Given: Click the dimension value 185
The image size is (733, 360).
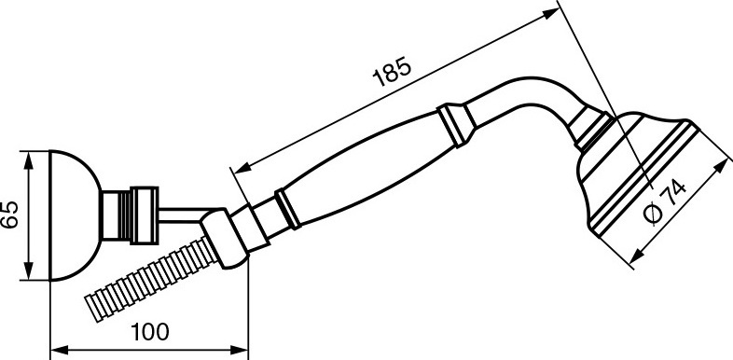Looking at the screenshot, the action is [x=393, y=72].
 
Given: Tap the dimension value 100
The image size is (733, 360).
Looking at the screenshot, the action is [x=149, y=332].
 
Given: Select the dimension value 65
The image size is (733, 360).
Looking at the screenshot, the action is [x=10, y=215].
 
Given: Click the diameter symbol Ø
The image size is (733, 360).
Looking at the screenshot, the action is [x=653, y=215].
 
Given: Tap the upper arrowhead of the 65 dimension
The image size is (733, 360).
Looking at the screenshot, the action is [x=29, y=159].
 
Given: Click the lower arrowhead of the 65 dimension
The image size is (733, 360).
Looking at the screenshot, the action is [x=29, y=271].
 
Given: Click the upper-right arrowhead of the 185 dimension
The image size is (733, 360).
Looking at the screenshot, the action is [x=551, y=13].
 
